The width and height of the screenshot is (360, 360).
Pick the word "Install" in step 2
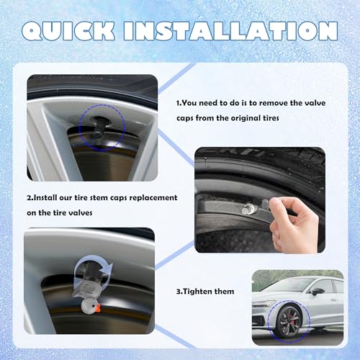[50, 197]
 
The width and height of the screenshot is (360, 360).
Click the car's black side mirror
[318, 292]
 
